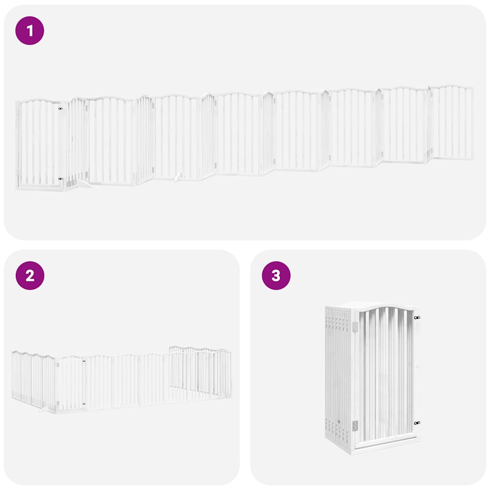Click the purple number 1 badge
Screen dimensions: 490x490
pos(30,31)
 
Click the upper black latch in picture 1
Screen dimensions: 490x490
pos(60,109)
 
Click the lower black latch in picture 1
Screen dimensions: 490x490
pos(60,179)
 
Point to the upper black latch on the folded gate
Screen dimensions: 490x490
pos(417,318)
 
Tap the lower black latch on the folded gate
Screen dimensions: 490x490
pos(417,423)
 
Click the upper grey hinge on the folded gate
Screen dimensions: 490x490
pos(355,327)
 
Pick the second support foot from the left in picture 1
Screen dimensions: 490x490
pos(178,178)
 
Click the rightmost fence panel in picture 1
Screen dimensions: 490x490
pos(452,123)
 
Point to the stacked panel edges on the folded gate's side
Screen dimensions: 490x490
pos(337,373)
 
